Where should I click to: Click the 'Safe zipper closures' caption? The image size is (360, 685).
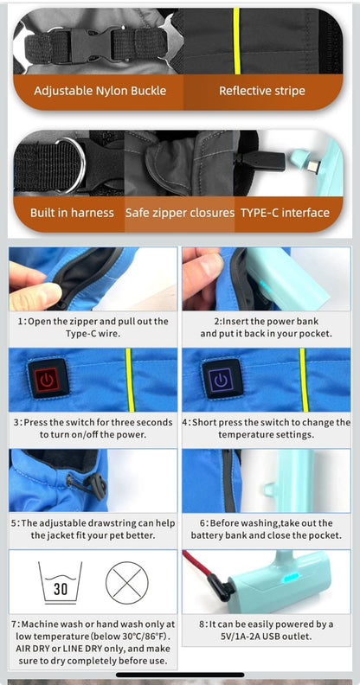(180, 213)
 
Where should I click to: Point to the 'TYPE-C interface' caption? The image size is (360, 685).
(285, 213)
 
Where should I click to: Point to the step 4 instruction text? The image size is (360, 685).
(267, 428)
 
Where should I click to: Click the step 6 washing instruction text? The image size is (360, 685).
(267, 529)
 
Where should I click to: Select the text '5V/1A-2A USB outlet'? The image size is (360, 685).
(267, 637)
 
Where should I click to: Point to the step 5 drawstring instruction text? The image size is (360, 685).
(93, 529)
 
